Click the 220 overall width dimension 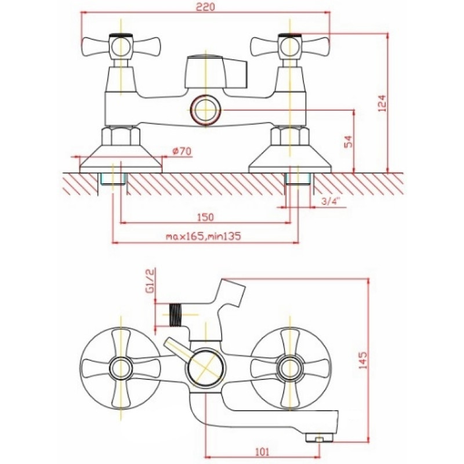[x=205, y=7]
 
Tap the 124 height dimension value [x=383, y=103]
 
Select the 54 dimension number [x=349, y=142]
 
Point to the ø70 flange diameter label [x=182, y=151]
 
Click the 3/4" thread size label [x=330, y=201]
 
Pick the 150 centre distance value [x=205, y=217]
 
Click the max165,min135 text [x=204, y=236]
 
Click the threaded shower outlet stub [x=176, y=315]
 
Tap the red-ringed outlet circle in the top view [x=205, y=110]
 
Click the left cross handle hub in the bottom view [x=121, y=368]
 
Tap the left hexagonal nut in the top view [x=121, y=136]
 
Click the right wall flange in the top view [x=290, y=160]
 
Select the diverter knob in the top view [x=216, y=72]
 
